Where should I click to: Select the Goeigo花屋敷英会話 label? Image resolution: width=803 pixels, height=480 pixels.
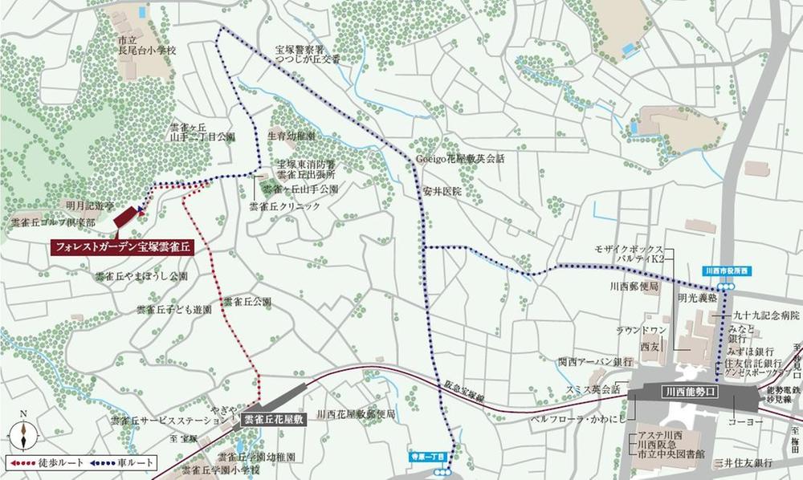coord(460,159)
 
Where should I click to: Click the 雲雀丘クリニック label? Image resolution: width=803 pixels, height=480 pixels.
coord(284,206)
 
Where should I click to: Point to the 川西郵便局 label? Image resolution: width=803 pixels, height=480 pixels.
coord(634,287)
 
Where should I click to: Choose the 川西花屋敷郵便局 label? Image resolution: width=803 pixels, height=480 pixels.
coord(357,415)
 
